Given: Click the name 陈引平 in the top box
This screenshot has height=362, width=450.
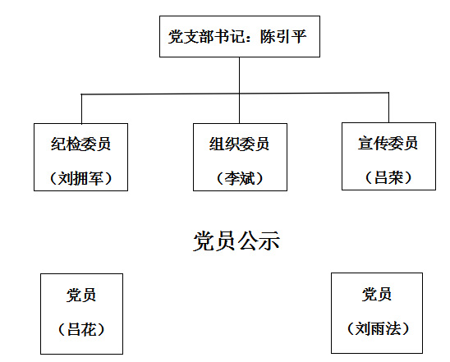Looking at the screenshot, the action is pyautogui.click(x=283, y=37).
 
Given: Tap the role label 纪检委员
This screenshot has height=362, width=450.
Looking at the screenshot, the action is pyautogui.click(x=80, y=144).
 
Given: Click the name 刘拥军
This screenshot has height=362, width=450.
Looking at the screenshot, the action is pyautogui.click(x=80, y=178).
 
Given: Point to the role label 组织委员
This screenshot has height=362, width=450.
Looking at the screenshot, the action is pyautogui.click(x=239, y=144).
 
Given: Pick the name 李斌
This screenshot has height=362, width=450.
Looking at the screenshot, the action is pyautogui.click(x=240, y=178).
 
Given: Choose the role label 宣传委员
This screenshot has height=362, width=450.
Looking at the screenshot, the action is pyautogui.click(x=388, y=143).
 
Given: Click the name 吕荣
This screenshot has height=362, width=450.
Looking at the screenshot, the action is pyautogui.click(x=388, y=177).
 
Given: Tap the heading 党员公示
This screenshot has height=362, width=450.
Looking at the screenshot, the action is pyautogui.click(x=236, y=241).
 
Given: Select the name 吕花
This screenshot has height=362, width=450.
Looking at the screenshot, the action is pyautogui.click(x=81, y=329).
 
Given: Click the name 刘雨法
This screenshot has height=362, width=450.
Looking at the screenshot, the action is pyautogui.click(x=378, y=328).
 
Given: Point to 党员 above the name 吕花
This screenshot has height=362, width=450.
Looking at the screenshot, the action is pyautogui.click(x=81, y=295).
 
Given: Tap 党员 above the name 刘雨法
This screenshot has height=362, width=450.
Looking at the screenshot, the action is pyautogui.click(x=377, y=294).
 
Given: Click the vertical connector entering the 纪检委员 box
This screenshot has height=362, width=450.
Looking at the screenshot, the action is pyautogui.click(x=81, y=109).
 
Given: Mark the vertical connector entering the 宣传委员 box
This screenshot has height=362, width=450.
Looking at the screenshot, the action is pyautogui.click(x=389, y=108).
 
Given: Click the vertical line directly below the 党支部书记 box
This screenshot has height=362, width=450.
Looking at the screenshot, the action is pyautogui.click(x=239, y=90).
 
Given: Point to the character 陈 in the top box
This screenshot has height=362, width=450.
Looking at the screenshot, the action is pyautogui.click(x=268, y=37).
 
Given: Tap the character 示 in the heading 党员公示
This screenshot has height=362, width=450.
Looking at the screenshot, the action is pyautogui.click(x=269, y=241).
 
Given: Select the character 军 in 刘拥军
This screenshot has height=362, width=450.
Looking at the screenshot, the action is pyautogui.click(x=96, y=178).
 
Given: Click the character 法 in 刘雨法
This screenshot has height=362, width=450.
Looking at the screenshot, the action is pyautogui.click(x=393, y=328).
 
